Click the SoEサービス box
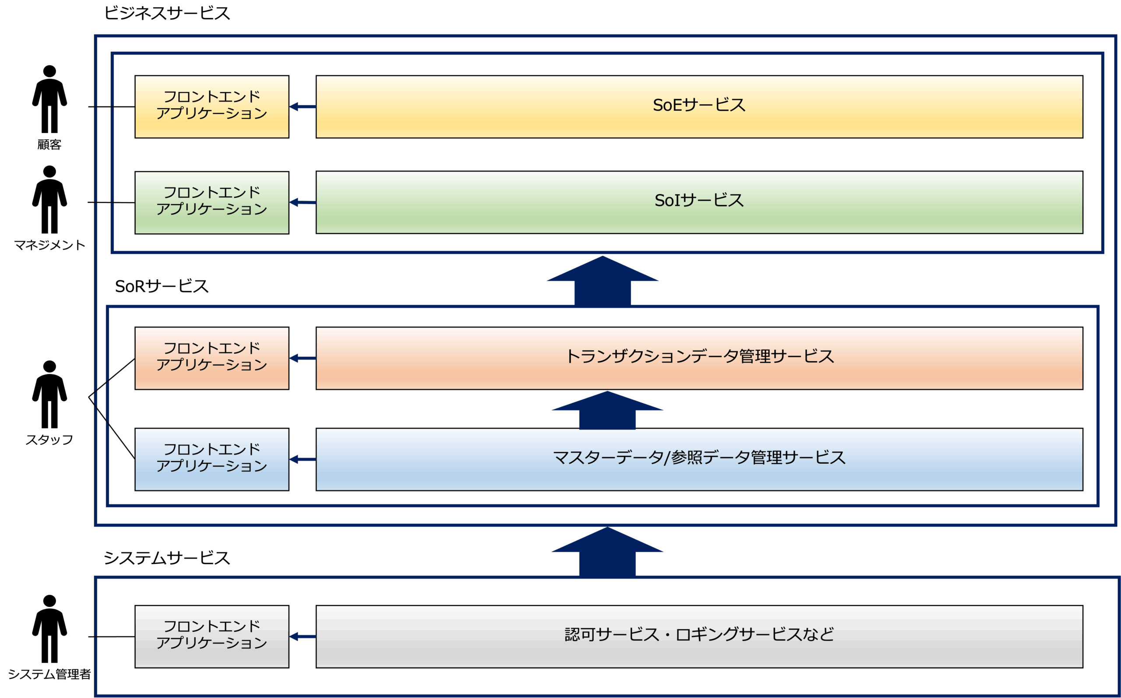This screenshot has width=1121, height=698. tap(699, 107)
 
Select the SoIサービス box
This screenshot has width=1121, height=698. tap(699, 202)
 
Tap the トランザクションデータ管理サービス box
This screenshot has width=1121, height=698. tap(699, 358)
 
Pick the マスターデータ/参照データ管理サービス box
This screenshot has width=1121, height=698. tap(699, 459)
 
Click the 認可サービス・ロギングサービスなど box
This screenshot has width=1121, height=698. tap(699, 636)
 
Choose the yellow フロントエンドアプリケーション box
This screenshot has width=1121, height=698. tap(212, 107)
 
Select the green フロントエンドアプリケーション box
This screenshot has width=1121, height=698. tap(212, 202)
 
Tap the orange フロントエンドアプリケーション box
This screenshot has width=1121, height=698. tap(212, 358)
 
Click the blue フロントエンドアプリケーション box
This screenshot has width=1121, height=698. tap(212, 459)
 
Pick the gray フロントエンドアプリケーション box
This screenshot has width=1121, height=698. tap(212, 636)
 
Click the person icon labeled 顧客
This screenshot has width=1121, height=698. tap(49, 99)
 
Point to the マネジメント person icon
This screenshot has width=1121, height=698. tap(49, 199)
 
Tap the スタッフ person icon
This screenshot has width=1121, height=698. tap(49, 395)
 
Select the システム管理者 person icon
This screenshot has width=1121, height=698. tap(49, 629)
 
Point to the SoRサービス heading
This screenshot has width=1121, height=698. tap(162, 286)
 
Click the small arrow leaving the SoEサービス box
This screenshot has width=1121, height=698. tap(303, 107)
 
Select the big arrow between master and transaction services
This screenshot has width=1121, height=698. tap(607, 410)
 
